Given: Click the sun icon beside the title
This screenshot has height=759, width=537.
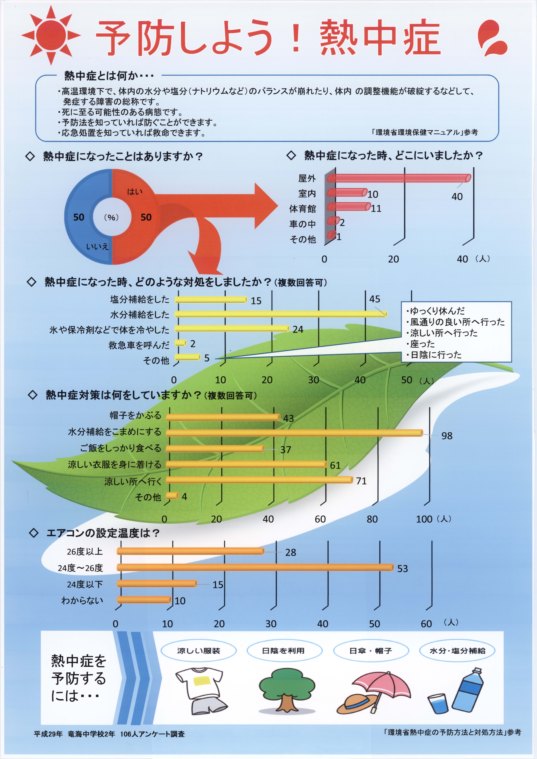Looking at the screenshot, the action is coord(51,35).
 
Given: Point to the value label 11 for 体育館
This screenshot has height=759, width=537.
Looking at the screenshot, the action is coord(376,209).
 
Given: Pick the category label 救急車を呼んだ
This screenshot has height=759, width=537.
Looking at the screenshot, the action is coord(139,345).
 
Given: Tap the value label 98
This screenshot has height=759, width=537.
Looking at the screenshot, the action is coord(447,436).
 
